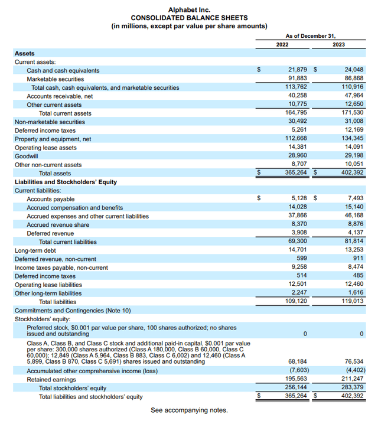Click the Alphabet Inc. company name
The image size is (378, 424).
coord(189,10)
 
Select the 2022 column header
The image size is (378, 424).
coord(282,45)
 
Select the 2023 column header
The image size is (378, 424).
coord(338,45)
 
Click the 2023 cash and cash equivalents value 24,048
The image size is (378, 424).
coord(353,70)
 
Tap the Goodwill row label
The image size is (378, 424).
coord(27,156)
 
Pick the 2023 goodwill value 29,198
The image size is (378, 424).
coord(353,156)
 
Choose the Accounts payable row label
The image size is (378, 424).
coord(51,199)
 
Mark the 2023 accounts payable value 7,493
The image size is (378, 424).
coord(355,199)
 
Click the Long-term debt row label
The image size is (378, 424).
coord(36,250)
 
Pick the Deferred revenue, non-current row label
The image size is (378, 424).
coord(56,259)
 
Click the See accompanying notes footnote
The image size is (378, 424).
coord(189,410)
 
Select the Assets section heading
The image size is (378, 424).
coord(24,53)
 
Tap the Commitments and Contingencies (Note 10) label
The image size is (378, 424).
coord(73,311)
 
